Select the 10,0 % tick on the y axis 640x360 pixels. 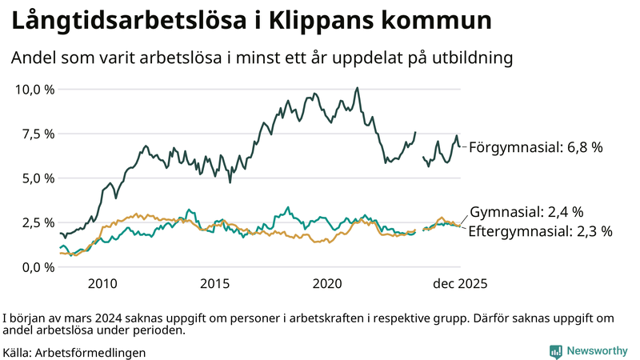coord(35,89)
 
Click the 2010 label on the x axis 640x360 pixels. coord(102,284)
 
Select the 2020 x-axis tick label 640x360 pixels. coord(328,284)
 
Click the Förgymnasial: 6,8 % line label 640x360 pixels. coord(535,147)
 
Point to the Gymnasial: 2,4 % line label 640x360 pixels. coord(526,212)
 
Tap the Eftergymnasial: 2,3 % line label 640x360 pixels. coord(540,231)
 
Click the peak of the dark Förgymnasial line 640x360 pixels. coord(357,88)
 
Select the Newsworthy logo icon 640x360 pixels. coord(555,351)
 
